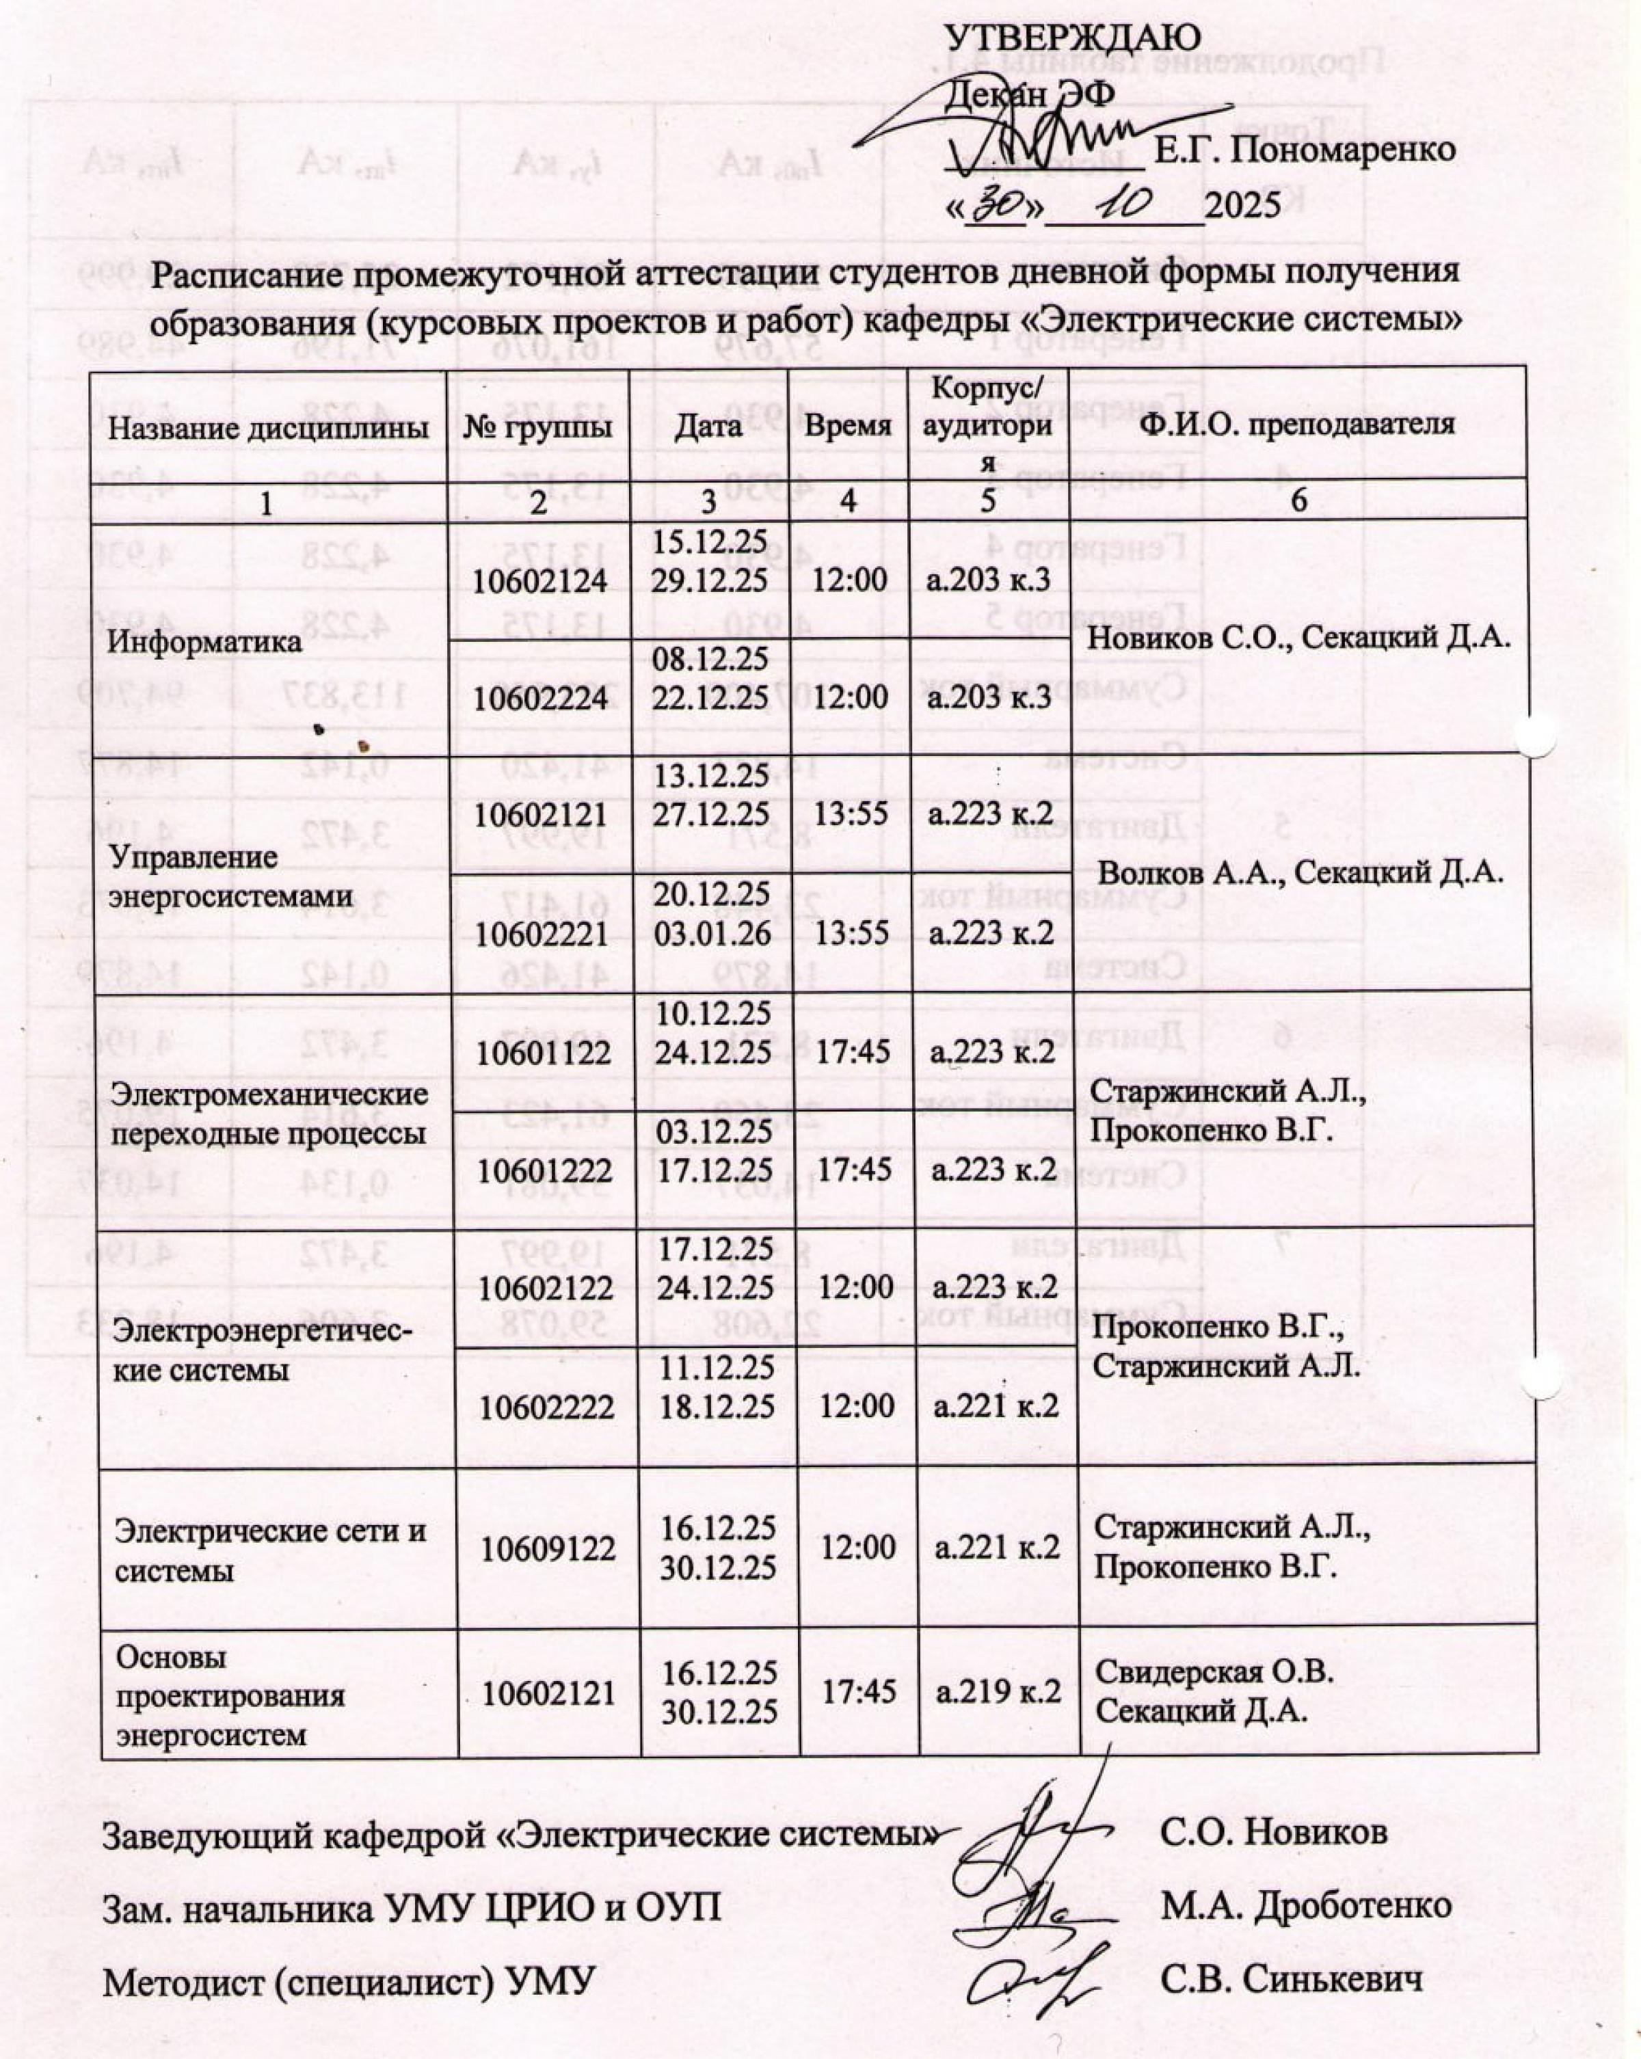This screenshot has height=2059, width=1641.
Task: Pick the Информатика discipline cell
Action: click(204, 641)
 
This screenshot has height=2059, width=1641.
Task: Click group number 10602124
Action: click(539, 580)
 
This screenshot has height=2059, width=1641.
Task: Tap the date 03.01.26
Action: click(712, 933)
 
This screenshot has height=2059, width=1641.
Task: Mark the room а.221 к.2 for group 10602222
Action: click(996, 1405)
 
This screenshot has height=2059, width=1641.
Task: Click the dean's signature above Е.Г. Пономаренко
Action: click(1032, 134)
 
